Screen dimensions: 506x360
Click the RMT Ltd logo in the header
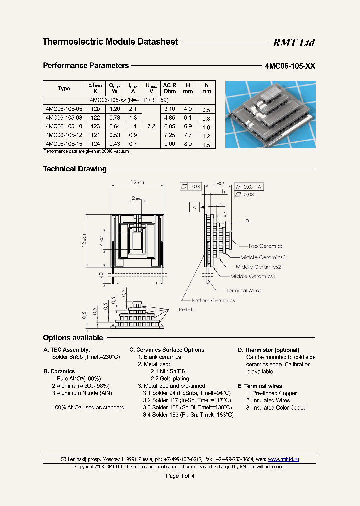(293, 43)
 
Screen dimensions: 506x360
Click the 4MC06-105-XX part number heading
(290, 66)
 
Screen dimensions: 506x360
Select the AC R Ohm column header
(170, 88)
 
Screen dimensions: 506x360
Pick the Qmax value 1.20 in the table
(115, 109)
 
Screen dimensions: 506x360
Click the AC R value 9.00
(170, 144)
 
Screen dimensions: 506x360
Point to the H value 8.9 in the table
(188, 144)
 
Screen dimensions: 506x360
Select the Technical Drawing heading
(75, 169)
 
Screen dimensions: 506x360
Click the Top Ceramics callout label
(265, 246)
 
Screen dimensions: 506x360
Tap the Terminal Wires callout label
(243, 290)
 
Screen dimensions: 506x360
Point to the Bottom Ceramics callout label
(213, 300)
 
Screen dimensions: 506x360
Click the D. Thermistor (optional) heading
(268, 350)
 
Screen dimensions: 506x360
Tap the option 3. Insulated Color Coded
(276, 408)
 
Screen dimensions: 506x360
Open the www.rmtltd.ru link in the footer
(283, 459)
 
